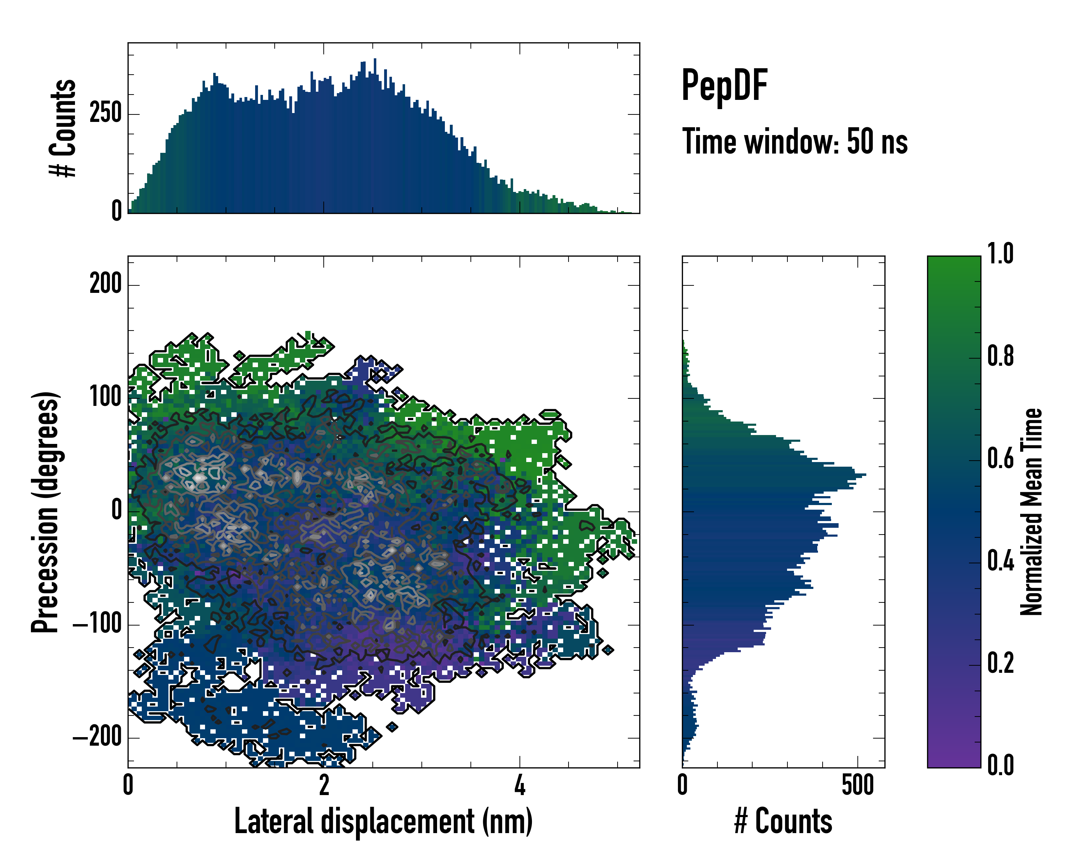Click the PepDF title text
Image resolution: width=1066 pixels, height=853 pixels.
click(x=724, y=86)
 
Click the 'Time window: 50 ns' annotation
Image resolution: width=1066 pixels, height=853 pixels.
click(x=795, y=141)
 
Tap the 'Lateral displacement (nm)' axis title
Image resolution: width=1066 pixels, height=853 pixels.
click(x=383, y=821)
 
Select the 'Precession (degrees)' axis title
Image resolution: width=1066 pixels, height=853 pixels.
click(x=45, y=512)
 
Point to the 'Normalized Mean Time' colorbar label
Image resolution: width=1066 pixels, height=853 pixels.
click(x=1032, y=512)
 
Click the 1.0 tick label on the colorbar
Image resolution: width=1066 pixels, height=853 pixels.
click(x=1000, y=254)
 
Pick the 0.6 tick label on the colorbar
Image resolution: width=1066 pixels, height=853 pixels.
click(x=1000, y=458)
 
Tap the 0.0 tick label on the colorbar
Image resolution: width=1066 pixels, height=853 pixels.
click(x=1000, y=765)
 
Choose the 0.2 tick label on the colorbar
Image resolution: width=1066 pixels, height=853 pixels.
click(x=1000, y=662)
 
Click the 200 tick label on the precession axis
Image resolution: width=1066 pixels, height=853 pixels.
click(x=105, y=284)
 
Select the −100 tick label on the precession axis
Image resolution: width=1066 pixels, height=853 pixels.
click(x=97, y=624)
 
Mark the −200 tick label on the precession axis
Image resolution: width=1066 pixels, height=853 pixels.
click(x=97, y=737)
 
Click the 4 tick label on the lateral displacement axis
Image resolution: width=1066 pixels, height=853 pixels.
click(x=519, y=785)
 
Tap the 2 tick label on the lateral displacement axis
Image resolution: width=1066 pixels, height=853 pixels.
click(x=324, y=785)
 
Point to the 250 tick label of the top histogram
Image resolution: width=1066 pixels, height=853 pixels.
click(x=105, y=114)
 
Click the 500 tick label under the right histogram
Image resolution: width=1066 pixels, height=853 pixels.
click(x=858, y=785)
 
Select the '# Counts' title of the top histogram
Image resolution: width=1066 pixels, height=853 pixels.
click(x=63, y=128)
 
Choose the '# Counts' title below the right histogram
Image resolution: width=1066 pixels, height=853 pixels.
click(x=783, y=821)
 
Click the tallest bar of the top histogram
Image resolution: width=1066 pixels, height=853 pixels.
click(x=375, y=136)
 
